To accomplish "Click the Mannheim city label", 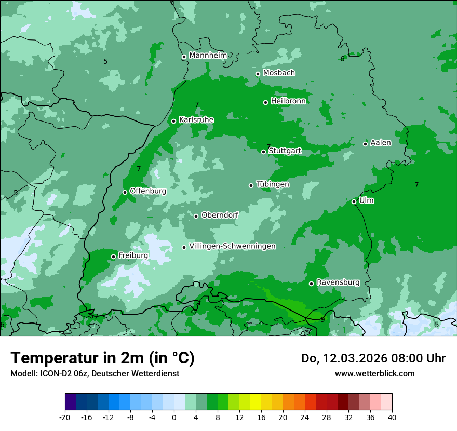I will (x=208, y=56).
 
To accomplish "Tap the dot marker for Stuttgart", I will (x=264, y=152).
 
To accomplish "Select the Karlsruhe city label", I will (x=196, y=120).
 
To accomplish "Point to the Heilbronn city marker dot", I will (x=265, y=102).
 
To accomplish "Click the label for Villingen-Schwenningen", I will (x=233, y=246).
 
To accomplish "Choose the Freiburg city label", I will (x=133, y=255).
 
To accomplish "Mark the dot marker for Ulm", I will (x=354, y=201).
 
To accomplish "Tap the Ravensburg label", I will (x=338, y=282).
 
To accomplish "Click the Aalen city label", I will (x=381, y=143).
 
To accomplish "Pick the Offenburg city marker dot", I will (x=125, y=192).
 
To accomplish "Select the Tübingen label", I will (x=273, y=184).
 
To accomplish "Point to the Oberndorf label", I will (x=220, y=215).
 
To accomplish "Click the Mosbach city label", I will (x=279, y=73).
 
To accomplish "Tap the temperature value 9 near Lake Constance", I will (x=322, y=319).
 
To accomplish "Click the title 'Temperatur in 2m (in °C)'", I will (x=102, y=358).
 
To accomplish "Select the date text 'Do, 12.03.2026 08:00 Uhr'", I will (x=373, y=358).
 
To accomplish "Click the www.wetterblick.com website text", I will (x=374, y=373).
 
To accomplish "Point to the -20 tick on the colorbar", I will (x=65, y=417).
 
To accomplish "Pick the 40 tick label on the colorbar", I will (x=392, y=417).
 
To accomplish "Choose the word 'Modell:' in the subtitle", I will (x=23, y=373).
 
